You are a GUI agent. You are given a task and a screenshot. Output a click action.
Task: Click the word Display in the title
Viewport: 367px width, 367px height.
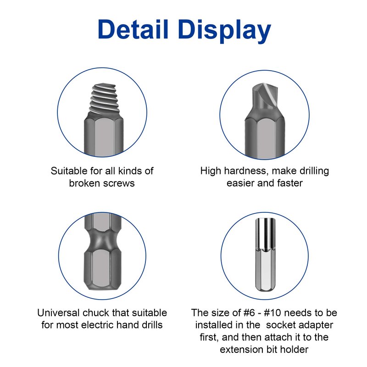tap(224, 31)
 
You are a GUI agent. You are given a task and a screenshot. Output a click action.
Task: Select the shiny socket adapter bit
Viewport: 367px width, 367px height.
tap(265, 255)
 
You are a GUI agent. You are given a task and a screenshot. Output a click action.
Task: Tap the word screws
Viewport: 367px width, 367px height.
tap(118, 183)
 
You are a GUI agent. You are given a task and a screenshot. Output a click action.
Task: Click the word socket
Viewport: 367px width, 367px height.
tap(280, 325)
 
